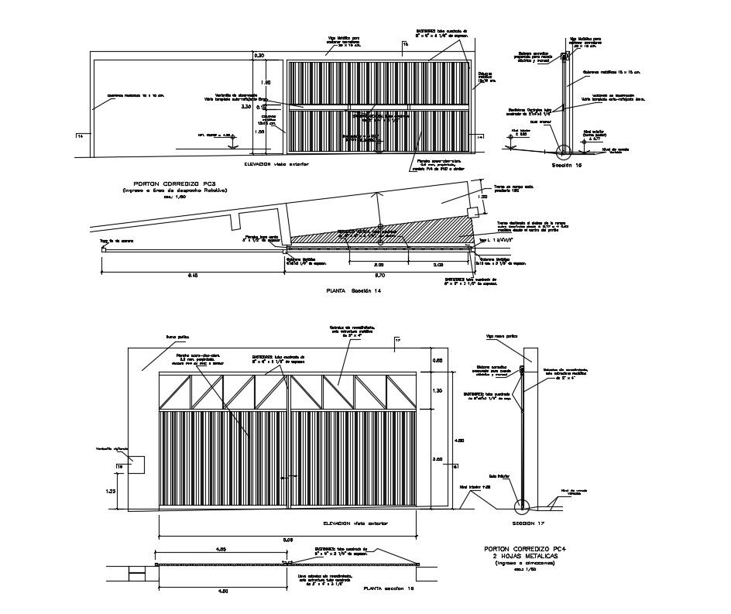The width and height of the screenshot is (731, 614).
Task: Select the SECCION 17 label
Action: (529, 523)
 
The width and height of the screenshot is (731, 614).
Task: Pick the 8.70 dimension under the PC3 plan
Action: (379, 275)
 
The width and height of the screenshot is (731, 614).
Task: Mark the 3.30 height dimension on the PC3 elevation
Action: (246, 107)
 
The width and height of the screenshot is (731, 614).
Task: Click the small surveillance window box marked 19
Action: (129, 465)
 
